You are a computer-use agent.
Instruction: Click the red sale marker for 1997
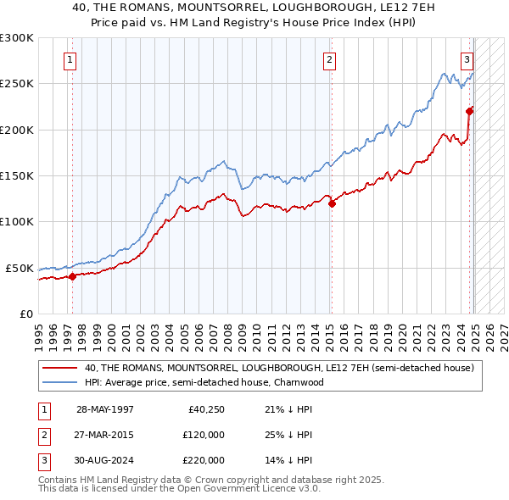[x=72, y=275]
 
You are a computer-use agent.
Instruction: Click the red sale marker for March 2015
[x=332, y=203]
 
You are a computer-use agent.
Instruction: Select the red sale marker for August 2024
[x=469, y=110]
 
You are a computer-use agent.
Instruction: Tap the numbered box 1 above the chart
[x=68, y=59]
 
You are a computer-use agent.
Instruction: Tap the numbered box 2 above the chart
[x=328, y=59]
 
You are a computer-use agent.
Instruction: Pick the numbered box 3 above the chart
[x=467, y=59]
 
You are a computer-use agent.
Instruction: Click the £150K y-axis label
[x=17, y=175]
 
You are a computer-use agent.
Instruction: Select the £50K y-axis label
[x=20, y=268]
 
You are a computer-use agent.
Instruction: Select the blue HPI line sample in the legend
[x=59, y=382]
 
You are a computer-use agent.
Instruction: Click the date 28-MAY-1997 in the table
[x=105, y=409]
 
